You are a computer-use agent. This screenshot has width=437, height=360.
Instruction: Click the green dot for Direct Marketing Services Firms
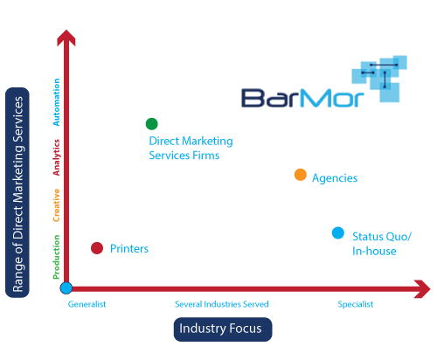coord(152,124)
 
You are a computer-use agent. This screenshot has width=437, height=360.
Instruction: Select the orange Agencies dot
coord(301,175)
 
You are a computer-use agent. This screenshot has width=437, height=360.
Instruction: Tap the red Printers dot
coord(97,248)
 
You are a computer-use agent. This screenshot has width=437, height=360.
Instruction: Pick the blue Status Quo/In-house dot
coord(338,233)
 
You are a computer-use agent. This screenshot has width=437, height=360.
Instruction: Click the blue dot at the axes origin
coord(66,288)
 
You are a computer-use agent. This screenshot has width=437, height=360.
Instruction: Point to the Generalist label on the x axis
coord(87,304)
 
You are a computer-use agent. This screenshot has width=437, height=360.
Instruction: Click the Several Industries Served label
coord(222,304)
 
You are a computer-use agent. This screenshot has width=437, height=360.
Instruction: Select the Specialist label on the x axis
coord(356,305)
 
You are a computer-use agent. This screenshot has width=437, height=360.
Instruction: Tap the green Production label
coord(56,257)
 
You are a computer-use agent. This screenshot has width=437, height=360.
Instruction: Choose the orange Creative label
coord(56,205)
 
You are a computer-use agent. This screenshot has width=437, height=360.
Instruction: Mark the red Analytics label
coord(56,157)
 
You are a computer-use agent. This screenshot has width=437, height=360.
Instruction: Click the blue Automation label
coord(56,102)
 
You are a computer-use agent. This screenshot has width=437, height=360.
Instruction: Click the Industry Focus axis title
coord(223,329)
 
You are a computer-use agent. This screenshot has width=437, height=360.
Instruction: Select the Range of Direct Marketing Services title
coord(17,192)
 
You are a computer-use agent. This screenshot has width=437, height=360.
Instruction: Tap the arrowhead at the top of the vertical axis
coord(66,38)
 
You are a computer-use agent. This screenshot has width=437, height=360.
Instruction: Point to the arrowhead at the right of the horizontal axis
coord(422,289)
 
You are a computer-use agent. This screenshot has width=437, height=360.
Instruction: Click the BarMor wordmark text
coord(302,98)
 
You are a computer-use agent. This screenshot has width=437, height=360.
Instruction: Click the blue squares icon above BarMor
coord(379,79)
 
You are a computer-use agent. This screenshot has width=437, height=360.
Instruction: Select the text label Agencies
coord(335,178)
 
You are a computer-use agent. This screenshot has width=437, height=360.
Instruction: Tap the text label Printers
coord(129,249)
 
